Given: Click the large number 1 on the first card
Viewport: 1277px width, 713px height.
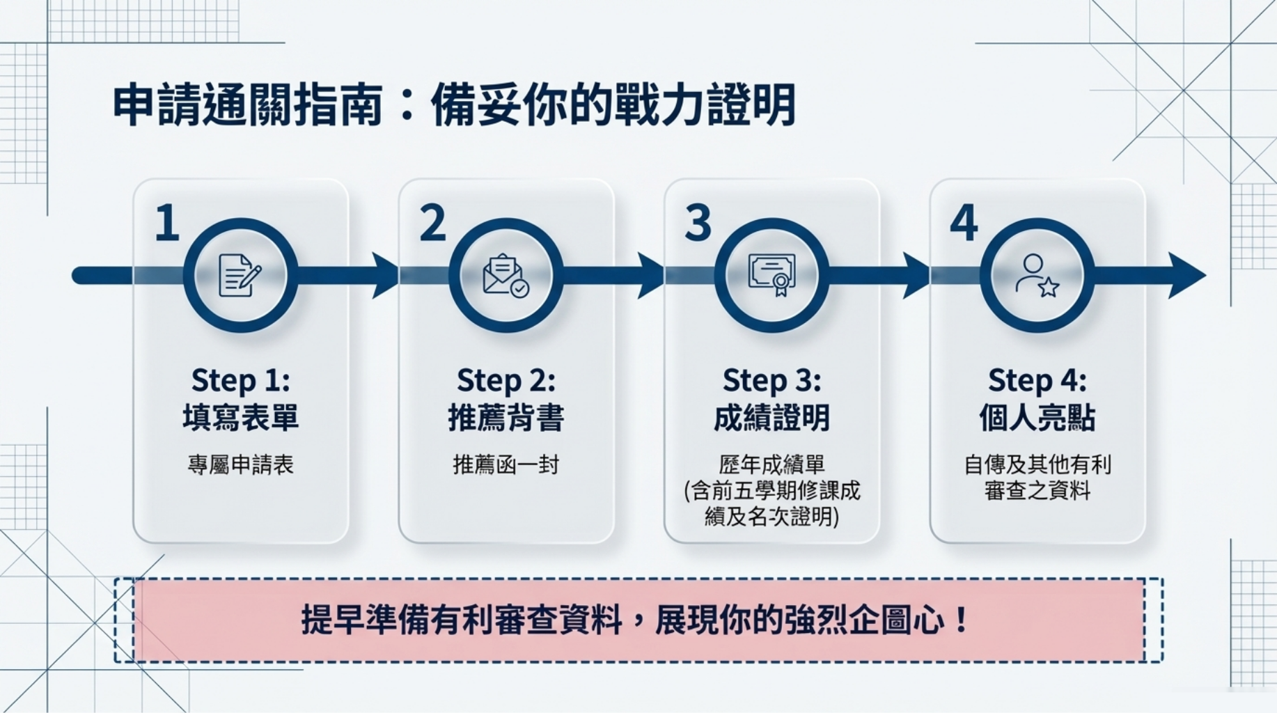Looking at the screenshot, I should pos(167,223).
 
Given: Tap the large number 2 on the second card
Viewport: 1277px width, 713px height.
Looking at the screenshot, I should pos(432,223).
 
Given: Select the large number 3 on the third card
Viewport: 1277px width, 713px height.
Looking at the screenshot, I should pos(698,223).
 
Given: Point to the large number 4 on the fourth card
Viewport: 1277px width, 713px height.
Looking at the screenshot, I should pos(964,223).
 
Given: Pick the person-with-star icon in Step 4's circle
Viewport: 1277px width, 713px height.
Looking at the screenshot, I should pos(1037,276).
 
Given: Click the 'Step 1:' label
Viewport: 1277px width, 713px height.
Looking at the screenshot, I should pos(240,381).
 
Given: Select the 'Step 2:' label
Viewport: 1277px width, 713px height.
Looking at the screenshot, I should pos(506,381).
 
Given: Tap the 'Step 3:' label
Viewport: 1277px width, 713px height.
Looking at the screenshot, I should pos(771,381).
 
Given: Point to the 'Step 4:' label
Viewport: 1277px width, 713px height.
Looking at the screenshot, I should pos(1037,381).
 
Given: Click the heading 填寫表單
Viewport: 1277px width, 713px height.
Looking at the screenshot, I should pos(240,418).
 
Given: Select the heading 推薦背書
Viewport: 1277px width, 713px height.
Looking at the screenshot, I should pos(506,418).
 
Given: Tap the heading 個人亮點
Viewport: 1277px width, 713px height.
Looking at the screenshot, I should pos(1037,418).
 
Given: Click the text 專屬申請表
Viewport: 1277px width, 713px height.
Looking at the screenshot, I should pos(240,464).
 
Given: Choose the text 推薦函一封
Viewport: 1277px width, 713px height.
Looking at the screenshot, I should pos(506,464).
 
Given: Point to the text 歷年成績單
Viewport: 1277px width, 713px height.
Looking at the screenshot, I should pos(771,464).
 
